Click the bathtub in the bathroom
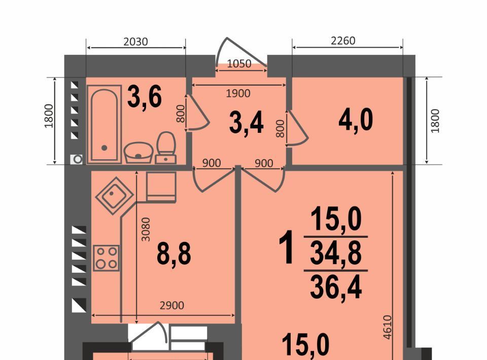coord(105,124)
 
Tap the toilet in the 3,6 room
coord(166,148)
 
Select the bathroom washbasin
coord(138,153)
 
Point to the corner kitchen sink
coord(114,196)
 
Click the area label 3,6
coord(145,97)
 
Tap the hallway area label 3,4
coord(247,123)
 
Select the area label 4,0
coord(356,120)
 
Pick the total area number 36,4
coord(336,287)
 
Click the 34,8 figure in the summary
coord(336,253)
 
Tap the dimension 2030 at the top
coord(135,42)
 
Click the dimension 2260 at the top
coord(343,41)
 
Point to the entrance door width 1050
coord(239,63)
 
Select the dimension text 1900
coord(238,93)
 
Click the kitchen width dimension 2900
coord(172,306)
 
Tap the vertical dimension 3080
coord(146,229)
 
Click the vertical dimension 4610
coord(387,327)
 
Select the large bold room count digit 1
coord(286,247)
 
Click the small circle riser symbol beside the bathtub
coord(77,160)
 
